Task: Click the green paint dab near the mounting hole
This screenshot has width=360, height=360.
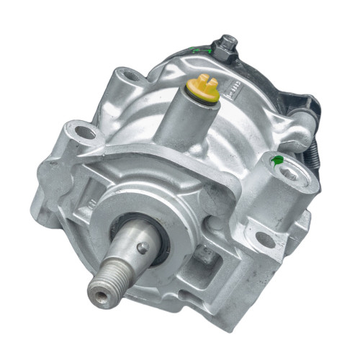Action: [274, 159]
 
